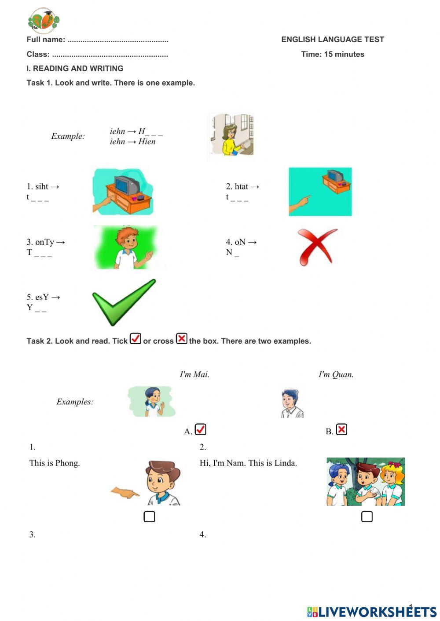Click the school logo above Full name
click(x=43, y=21)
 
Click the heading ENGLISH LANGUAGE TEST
click(x=333, y=40)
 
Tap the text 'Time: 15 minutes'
click(x=333, y=54)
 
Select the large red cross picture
click(x=317, y=246)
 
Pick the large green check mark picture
click(x=124, y=302)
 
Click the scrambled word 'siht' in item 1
click(x=42, y=187)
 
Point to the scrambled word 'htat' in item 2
click(x=242, y=187)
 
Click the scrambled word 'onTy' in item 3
click(x=44, y=242)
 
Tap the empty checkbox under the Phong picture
click(x=149, y=517)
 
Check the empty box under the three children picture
click(x=367, y=517)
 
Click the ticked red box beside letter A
click(x=200, y=429)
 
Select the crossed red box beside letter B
click(x=341, y=429)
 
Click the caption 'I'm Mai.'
click(x=194, y=374)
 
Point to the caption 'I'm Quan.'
click(x=336, y=374)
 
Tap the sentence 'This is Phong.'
click(x=55, y=463)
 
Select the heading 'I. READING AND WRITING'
click(x=75, y=69)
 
